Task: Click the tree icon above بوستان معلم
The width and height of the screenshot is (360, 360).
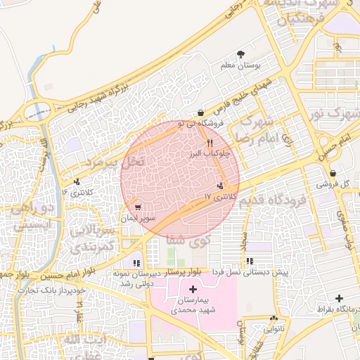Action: pyautogui.click(x=241, y=54)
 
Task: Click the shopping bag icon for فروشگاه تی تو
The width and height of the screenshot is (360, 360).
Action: pyautogui.click(x=201, y=112)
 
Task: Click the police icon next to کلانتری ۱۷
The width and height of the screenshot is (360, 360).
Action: pyautogui.click(x=221, y=186)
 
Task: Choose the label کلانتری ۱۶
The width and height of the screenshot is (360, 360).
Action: pyautogui.click(x=77, y=192)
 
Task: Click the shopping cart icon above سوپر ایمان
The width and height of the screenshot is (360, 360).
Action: pyautogui.click(x=138, y=207)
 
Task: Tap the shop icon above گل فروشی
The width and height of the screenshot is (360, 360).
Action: pyautogui.click(x=332, y=173)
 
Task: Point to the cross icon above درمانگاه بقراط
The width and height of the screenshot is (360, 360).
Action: pyautogui.click(x=340, y=298)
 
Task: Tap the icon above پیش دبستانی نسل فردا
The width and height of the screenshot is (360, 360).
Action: pyautogui.click(x=250, y=262)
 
